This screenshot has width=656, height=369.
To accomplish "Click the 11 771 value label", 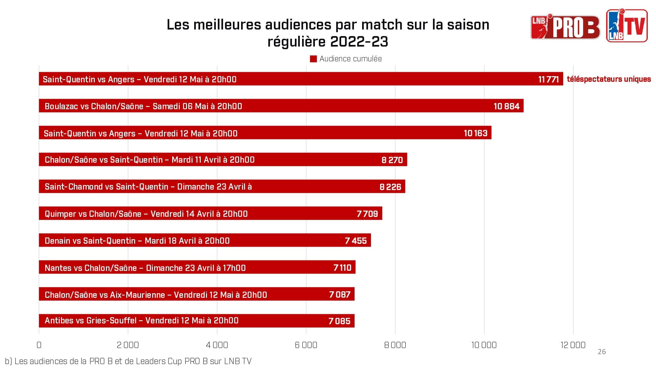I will tap(548, 79).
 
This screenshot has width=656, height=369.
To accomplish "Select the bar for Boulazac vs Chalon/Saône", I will tap(281, 106).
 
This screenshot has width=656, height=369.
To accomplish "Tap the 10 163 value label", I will tap(475, 133).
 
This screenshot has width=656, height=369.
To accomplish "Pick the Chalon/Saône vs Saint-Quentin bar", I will tap(223, 160).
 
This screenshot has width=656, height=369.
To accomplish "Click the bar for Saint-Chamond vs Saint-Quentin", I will tap(222, 187).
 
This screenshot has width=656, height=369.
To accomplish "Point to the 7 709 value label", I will tap(367, 214).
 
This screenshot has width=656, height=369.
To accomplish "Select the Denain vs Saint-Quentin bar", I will tap(205, 241).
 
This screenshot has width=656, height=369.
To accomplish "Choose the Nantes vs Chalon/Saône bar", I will tap(197, 268).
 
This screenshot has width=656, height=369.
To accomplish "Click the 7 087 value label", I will tap(339, 295).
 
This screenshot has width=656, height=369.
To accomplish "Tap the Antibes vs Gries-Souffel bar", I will tap(196, 321).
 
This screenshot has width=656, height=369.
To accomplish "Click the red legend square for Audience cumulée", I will tap(313, 59).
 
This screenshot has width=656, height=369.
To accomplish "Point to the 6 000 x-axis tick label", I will tap(306, 345).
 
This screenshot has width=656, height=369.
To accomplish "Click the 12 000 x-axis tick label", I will tap(573, 345).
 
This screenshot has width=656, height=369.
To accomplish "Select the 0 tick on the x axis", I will tap(39, 345).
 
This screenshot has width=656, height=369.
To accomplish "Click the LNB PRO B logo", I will tap(565, 27).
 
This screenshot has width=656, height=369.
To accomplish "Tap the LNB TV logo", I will tap(626, 26).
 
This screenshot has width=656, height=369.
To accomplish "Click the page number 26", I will tap(602, 352).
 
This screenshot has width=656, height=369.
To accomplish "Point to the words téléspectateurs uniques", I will tap(608, 79).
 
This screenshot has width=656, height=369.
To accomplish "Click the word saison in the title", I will tap(468, 25).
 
